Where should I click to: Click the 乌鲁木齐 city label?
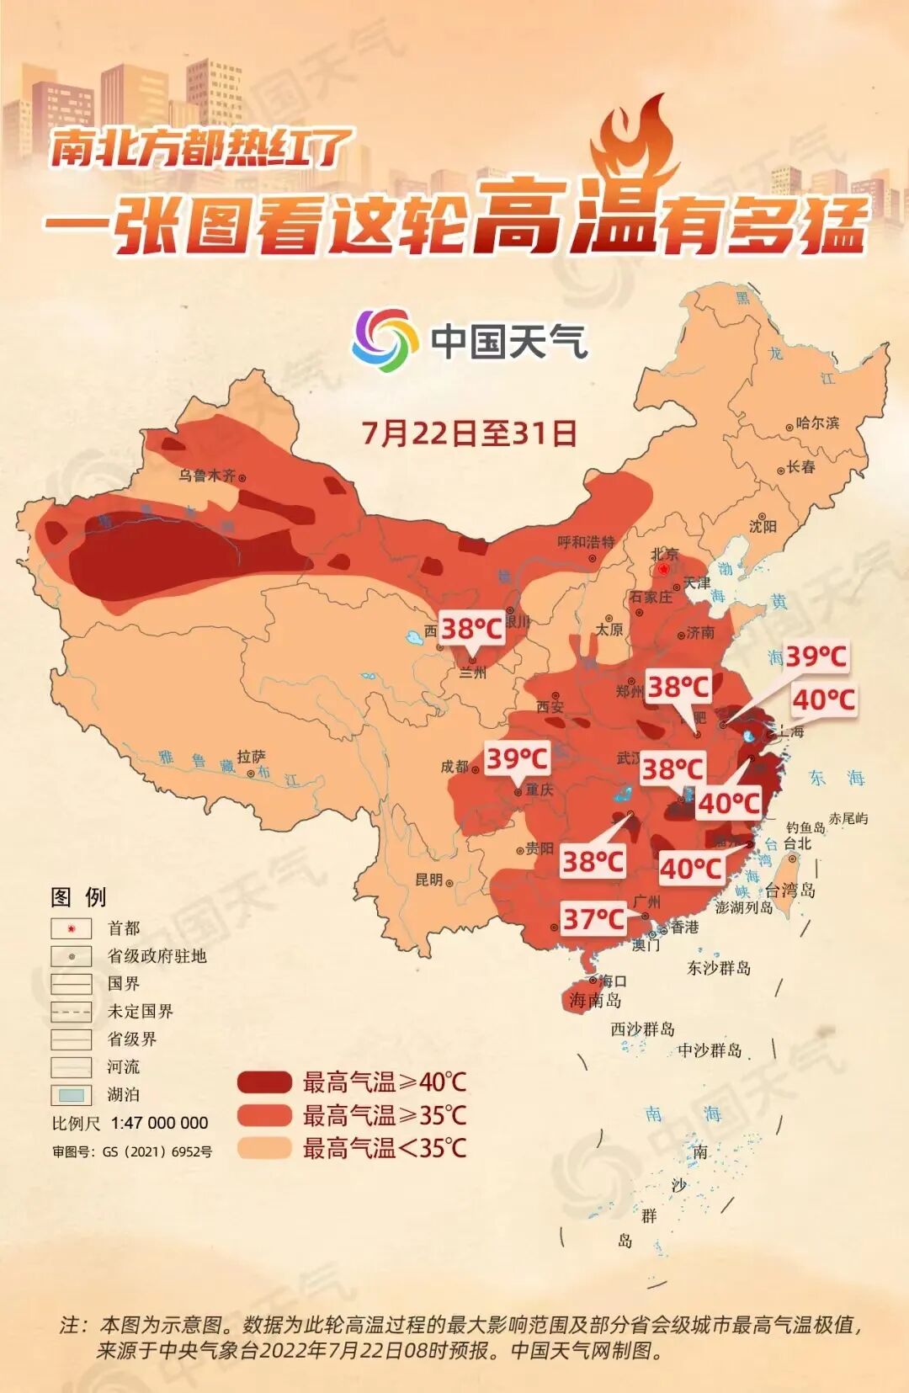click(207, 476)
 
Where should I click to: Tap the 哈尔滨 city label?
click(817, 423)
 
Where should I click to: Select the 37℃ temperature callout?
click(593, 919)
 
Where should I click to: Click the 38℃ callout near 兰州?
click(471, 629)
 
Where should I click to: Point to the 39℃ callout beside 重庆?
click(517, 758)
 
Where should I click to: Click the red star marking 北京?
click(664, 570)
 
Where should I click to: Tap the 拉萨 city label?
click(251, 757)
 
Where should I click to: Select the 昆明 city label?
click(429, 880)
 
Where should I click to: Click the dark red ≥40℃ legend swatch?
click(264, 1082)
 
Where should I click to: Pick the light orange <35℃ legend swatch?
click(264, 1148)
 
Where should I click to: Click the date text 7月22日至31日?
click(469, 433)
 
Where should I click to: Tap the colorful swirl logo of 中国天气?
click(385, 340)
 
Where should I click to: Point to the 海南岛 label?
click(595, 1001)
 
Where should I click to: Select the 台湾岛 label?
click(789, 890)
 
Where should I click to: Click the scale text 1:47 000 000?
click(159, 1123)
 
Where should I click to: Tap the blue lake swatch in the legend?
click(72, 1095)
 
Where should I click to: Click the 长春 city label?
click(800, 467)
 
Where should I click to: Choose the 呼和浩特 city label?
click(586, 542)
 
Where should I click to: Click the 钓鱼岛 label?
click(805, 827)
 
